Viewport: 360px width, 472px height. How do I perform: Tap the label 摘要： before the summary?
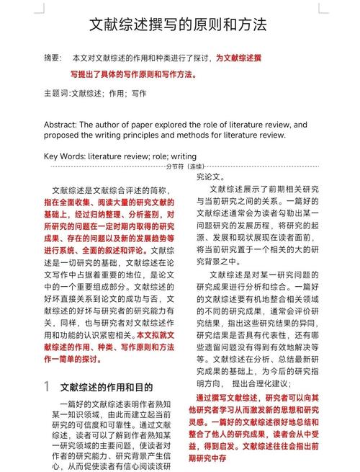click(x=53, y=57)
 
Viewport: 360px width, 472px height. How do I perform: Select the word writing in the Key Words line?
click(x=184, y=156)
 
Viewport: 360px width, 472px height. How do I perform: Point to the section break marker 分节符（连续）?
click(x=185, y=166)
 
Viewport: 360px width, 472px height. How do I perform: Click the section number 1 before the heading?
click(x=46, y=387)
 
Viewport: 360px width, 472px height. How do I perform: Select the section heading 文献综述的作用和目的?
click(x=107, y=388)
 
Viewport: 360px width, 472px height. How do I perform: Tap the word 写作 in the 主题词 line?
click(x=138, y=94)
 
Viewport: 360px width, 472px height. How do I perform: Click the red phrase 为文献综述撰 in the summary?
click(x=239, y=57)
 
